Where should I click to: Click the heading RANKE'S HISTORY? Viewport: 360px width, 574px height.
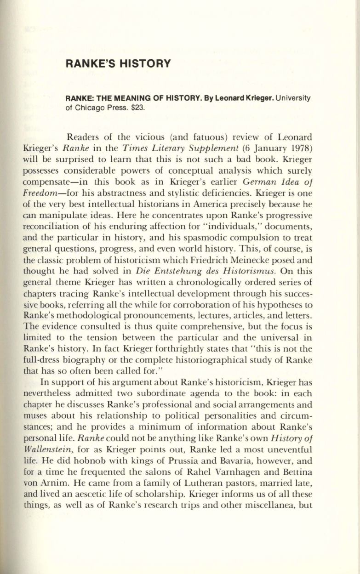118,64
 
